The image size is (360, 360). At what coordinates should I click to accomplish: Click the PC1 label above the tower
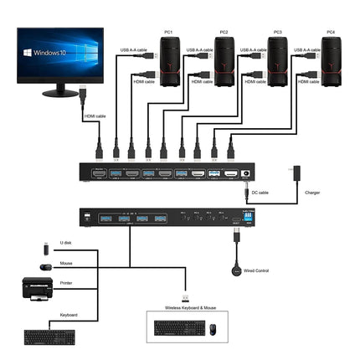click(168, 32)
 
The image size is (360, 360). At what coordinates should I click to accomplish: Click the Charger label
click(312, 193)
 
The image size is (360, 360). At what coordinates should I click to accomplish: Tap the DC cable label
click(260, 193)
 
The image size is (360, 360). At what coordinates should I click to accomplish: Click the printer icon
click(36, 289)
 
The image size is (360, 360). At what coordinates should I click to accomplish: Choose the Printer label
click(66, 283)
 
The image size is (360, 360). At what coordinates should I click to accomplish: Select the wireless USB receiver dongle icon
click(185, 297)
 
